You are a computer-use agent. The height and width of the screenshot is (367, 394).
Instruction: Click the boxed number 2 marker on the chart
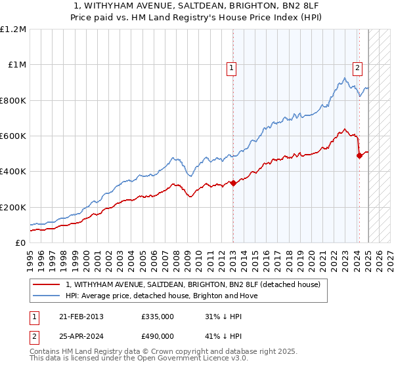(x=357, y=67)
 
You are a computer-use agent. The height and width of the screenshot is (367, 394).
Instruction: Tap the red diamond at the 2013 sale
(x=233, y=183)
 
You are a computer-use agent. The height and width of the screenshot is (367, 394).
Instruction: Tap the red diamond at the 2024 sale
(x=359, y=155)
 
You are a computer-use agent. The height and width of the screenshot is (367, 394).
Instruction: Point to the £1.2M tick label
(x=13, y=29)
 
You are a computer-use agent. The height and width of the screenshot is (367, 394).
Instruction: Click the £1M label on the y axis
(x=17, y=64)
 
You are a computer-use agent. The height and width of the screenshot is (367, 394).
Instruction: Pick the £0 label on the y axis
(x=21, y=242)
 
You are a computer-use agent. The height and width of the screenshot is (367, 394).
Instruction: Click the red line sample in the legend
(x=46, y=284)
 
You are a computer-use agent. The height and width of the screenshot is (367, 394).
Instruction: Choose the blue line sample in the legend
(x=46, y=296)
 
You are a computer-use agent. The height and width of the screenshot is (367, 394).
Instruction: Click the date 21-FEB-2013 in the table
(x=80, y=316)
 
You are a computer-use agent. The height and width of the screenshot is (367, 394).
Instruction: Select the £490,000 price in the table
(x=157, y=336)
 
